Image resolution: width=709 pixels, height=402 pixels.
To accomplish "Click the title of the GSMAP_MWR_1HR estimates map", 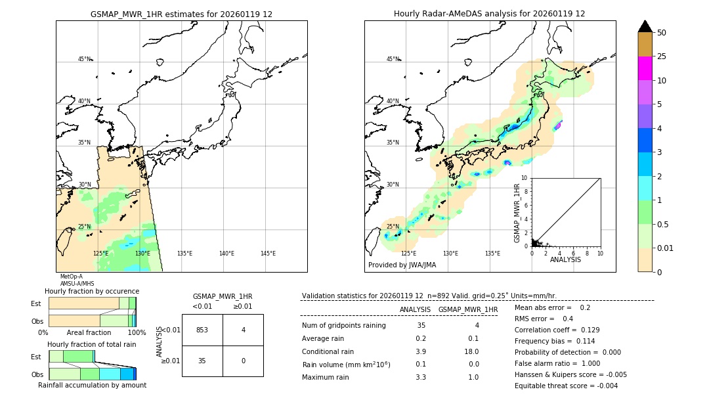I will [x=181, y=14].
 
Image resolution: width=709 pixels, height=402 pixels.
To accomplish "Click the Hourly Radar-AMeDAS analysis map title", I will [x=489, y=14].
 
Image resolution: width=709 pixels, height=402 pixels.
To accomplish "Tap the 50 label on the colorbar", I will [x=662, y=33].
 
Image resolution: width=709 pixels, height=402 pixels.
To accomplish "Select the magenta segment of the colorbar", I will [x=645, y=68].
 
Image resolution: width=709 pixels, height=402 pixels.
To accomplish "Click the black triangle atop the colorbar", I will [x=645, y=26].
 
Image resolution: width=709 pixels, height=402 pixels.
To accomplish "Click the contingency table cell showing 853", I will [x=202, y=330].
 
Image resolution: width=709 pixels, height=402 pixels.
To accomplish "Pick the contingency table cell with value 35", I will [x=202, y=361].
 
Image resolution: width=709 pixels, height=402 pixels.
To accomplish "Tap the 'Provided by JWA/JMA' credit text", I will [x=402, y=265].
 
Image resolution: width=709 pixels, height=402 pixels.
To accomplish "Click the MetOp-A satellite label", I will [x=72, y=277].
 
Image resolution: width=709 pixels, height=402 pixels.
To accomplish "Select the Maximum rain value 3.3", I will [x=421, y=377].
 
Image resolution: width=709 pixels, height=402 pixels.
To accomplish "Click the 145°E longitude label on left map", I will [x=268, y=254].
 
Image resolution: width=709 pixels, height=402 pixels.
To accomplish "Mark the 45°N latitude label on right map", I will [x=393, y=59].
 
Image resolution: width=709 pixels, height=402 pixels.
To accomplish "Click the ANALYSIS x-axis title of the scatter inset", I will [x=565, y=259].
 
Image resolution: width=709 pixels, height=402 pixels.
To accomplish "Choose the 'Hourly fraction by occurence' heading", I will [x=92, y=291].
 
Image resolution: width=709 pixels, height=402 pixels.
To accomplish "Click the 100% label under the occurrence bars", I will [x=137, y=333].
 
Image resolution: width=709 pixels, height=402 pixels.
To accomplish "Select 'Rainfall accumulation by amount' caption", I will [x=92, y=386].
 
